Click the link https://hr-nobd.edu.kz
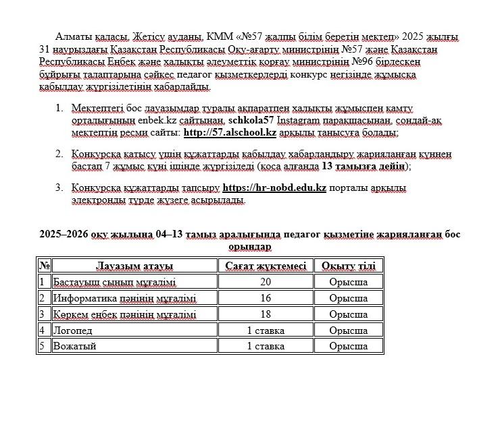[274, 188]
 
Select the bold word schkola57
[251, 121]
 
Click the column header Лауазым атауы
[134, 266]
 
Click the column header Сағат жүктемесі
[266, 266]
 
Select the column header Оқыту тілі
[348, 266]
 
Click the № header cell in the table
[44, 266]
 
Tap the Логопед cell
[73, 331]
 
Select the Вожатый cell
[75, 347]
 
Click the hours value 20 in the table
[266, 282]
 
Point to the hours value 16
[266, 298]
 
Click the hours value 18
[266, 314]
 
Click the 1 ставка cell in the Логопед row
[266, 331]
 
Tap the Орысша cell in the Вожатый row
[348, 347]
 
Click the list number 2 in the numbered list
[59, 154]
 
